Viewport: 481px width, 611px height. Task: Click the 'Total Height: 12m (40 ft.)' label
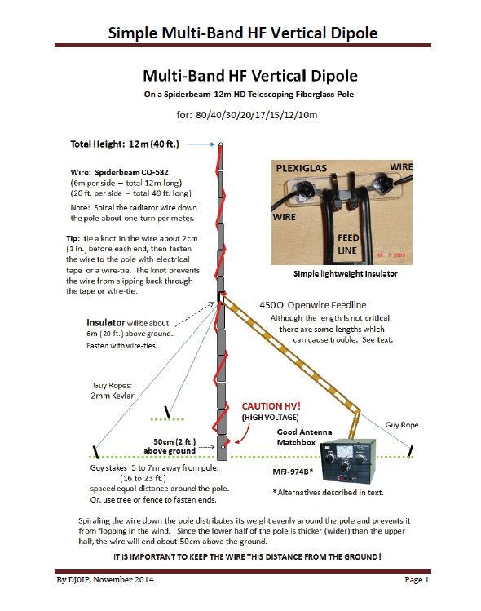[x=125, y=144]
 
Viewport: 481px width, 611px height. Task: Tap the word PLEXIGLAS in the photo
[x=302, y=168]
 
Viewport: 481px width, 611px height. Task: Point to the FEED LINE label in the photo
[x=348, y=244]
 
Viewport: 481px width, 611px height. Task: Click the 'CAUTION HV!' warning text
[x=271, y=406]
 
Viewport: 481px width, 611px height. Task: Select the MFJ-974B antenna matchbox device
[x=348, y=461]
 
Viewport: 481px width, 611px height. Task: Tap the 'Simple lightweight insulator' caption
[x=346, y=274]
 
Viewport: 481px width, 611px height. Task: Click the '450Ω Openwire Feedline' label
[x=313, y=305]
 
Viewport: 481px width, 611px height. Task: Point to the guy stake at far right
[x=411, y=451]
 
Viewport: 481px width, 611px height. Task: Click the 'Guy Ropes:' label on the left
[x=113, y=385]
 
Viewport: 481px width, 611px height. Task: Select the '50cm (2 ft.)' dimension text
[x=174, y=441]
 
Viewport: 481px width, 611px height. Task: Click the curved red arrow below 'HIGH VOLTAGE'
[x=245, y=434]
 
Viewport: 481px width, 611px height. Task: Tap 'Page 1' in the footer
[x=417, y=580]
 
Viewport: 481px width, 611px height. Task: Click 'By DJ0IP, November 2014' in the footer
[x=105, y=580]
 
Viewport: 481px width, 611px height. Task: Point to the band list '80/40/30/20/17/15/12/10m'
[x=256, y=115]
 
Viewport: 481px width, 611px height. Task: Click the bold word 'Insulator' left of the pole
[x=105, y=323]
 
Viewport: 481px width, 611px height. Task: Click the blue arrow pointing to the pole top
[x=201, y=144]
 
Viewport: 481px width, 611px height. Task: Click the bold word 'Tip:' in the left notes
[x=73, y=238]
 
